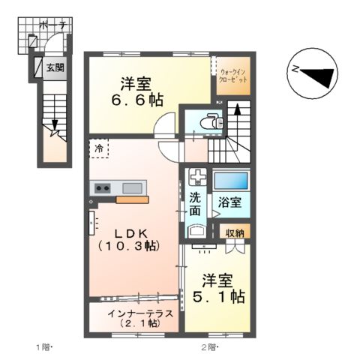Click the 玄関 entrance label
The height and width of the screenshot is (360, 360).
(55, 68)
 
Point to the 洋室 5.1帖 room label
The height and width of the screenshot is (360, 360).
(216, 288)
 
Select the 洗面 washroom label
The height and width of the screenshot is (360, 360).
(195, 204)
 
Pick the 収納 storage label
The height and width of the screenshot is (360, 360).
(235, 233)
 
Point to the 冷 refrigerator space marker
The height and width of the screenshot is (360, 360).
(98, 148)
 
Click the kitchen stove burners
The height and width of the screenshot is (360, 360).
(102, 187)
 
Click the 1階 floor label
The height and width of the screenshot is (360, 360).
(42, 346)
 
